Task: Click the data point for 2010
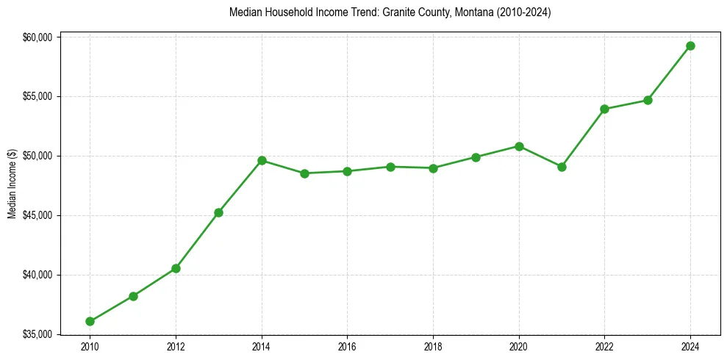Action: click(90, 321)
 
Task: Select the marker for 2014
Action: click(262, 160)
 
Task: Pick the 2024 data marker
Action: click(690, 46)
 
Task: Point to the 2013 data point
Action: click(218, 212)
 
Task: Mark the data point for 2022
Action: click(604, 109)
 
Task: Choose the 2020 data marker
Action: click(519, 146)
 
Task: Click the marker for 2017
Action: click(390, 167)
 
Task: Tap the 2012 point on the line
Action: click(176, 268)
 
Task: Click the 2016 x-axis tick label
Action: click(347, 347)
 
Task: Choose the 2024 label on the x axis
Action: click(690, 347)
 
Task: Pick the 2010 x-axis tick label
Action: click(90, 347)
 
